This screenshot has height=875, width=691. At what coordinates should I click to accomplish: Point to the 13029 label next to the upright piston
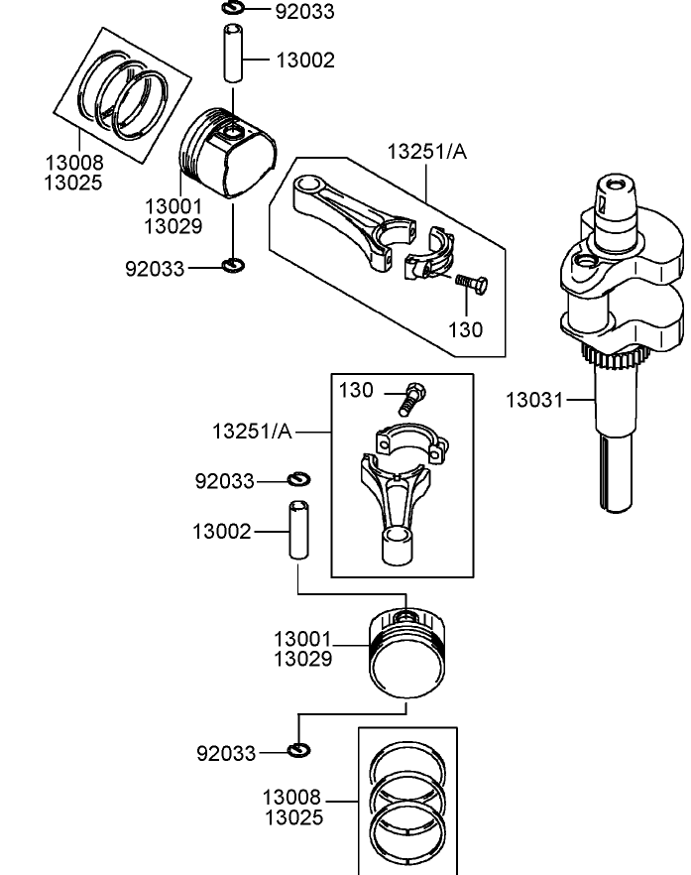[x=302, y=658]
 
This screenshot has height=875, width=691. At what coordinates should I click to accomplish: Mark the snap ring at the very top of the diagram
[x=233, y=10]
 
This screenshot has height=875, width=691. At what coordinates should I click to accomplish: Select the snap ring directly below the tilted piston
[x=234, y=265]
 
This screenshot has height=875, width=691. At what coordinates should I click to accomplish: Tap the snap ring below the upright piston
[x=299, y=750]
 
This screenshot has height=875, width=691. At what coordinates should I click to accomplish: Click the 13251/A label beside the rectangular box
[x=252, y=432]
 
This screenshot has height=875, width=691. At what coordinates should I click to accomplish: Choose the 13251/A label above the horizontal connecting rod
[x=426, y=151]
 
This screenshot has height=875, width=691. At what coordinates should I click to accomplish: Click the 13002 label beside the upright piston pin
[x=222, y=532]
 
